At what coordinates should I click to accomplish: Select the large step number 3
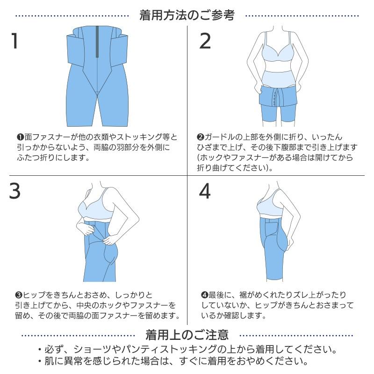click(15, 192)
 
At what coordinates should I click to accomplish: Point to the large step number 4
click(205, 192)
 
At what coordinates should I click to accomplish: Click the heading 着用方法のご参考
click(187, 15)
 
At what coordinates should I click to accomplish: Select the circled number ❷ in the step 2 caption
click(200, 137)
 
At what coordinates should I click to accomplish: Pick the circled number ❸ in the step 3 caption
click(19, 295)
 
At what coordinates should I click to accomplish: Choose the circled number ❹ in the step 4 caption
click(204, 295)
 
